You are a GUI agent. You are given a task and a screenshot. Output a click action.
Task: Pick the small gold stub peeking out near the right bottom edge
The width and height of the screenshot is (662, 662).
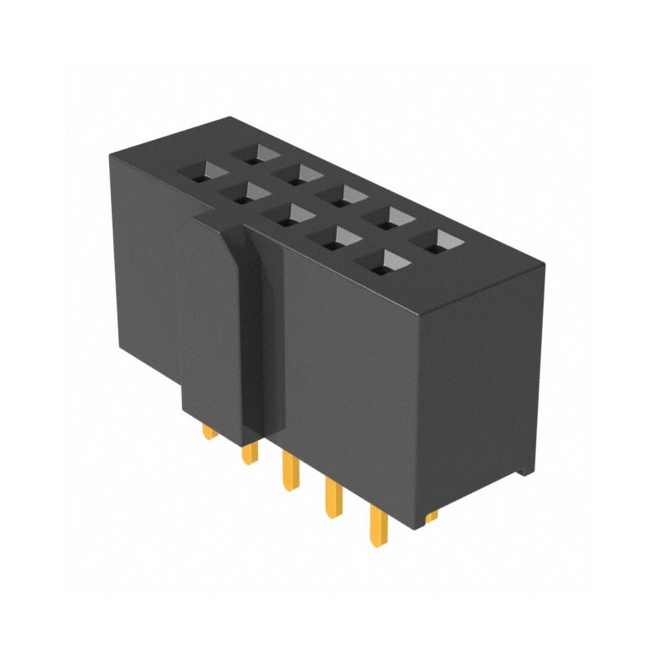[x=432, y=516]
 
